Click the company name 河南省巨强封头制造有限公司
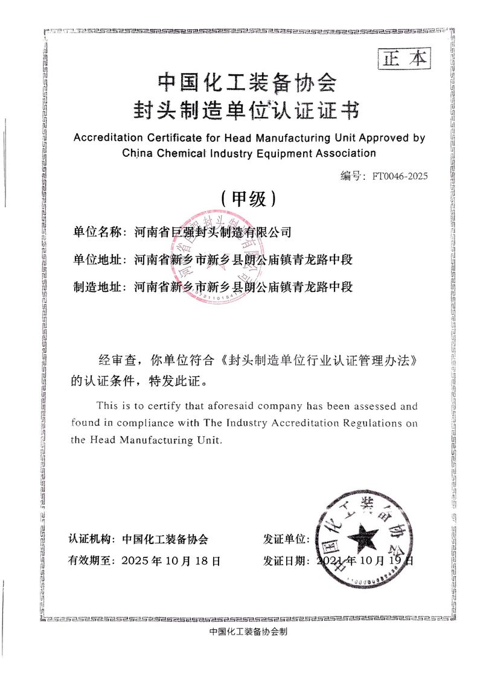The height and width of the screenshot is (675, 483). pyautogui.click(x=213, y=231)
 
